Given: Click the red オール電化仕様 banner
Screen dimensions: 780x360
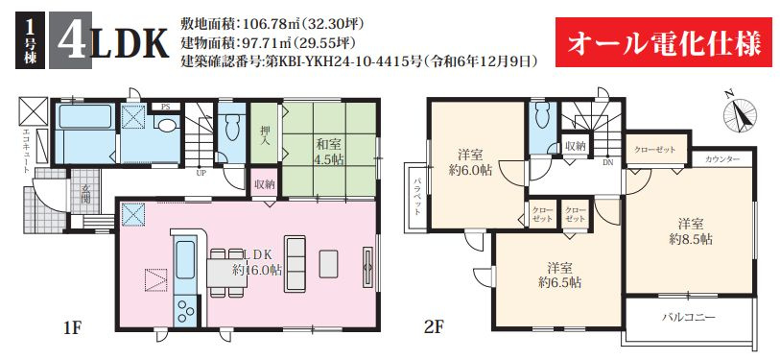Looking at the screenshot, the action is (x=664, y=42).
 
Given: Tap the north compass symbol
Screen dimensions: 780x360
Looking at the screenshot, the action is (x=739, y=113).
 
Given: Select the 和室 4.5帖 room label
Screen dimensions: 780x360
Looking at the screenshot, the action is (x=328, y=152).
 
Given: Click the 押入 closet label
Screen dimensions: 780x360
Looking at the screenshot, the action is (x=265, y=132).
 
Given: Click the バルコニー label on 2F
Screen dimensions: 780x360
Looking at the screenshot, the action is (x=688, y=317).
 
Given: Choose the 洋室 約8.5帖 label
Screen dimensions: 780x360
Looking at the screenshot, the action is (x=691, y=232).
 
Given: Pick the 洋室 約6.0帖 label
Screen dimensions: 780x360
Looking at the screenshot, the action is (x=471, y=163).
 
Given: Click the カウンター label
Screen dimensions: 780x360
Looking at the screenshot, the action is (x=722, y=159).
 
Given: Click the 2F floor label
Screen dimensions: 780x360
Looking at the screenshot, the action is (x=434, y=327).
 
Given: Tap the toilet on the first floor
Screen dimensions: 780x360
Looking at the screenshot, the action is (x=232, y=128).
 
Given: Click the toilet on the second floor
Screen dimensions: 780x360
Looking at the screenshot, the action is (x=541, y=117).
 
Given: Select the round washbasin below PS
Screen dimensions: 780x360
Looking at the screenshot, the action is (x=165, y=125).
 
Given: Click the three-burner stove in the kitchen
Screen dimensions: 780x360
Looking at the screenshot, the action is (x=185, y=311).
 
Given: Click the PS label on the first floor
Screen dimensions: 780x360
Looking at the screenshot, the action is (x=164, y=107).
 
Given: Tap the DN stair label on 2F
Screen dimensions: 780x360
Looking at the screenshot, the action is (x=608, y=161).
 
